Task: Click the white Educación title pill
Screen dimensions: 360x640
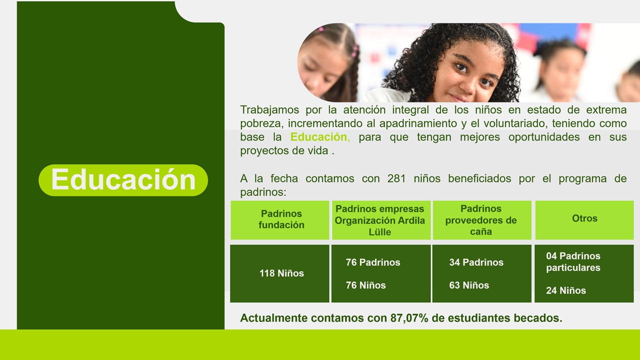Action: pyautogui.click(x=123, y=180)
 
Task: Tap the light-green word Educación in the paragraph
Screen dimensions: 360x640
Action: pyautogui.click(x=318, y=137)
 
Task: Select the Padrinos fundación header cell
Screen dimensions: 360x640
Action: pyautogui.click(x=281, y=220)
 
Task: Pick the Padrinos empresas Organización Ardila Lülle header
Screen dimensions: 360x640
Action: pyautogui.click(x=380, y=220)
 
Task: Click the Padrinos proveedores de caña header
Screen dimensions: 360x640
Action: pyautogui.click(x=481, y=220)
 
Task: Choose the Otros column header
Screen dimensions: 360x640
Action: pyautogui.click(x=584, y=218)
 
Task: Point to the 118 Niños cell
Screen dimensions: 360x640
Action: pyautogui.click(x=281, y=273)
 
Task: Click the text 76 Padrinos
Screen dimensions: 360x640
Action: pyautogui.click(x=373, y=262)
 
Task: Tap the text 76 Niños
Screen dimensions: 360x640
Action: pyautogui.click(x=366, y=285)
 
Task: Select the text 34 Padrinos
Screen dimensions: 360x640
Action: pyautogui.click(x=476, y=262)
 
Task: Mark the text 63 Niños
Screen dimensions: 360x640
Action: pyautogui.click(x=469, y=285)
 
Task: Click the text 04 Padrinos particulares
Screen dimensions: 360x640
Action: pyautogui.click(x=573, y=262)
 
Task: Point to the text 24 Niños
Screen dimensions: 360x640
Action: pyautogui.click(x=566, y=290)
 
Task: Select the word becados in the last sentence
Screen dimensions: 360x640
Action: pyautogui.click(x=537, y=318)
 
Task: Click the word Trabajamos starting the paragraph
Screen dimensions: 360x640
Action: pyautogui.click(x=269, y=109)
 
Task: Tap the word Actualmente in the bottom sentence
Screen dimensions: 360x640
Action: pyautogui.click(x=274, y=318)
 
